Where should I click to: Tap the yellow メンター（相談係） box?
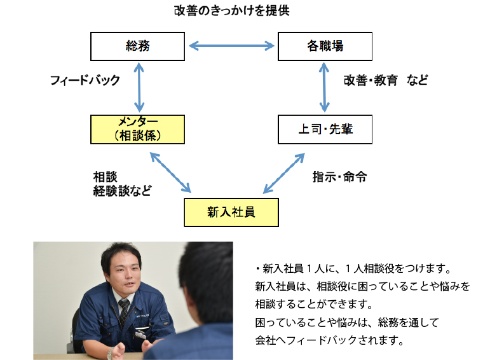coord(137,129)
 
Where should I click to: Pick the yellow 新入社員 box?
coord(231,212)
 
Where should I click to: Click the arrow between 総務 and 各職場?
coord(231,46)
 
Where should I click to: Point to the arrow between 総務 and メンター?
coord(139,87)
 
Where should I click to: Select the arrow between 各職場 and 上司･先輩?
coord(324,87)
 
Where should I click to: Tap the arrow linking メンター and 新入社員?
coord(170,172)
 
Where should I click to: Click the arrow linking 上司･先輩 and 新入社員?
coord(284,173)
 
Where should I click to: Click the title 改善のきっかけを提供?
coord(232,11)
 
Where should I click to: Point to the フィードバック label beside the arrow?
coord(85,80)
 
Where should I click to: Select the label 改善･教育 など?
coord(386,80)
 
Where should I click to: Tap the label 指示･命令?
coord(339,177)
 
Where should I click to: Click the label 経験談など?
coord(122,191)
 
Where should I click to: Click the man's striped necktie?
coord(123,312)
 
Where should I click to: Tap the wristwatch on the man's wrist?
coord(110,353)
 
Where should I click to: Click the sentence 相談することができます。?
coord(315,304)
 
